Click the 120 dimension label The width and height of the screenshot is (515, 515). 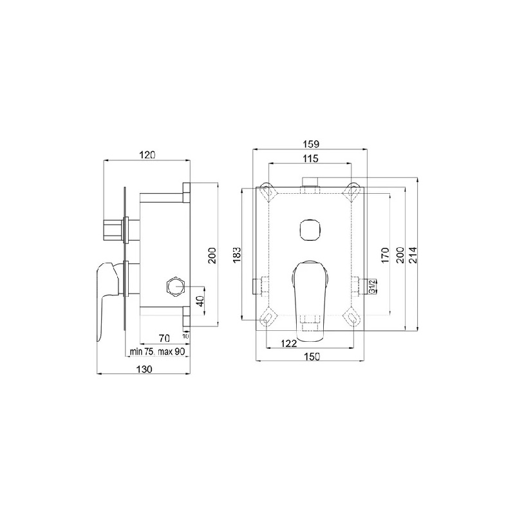tap(147, 154)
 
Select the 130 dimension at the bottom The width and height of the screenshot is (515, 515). tap(144, 369)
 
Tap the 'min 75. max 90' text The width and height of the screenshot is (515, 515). tap(158, 351)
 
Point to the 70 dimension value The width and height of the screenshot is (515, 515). tap(164, 338)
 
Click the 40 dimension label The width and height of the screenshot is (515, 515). tap(200, 301)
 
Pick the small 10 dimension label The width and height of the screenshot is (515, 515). tap(186, 336)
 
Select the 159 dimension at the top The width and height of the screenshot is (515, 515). tap(310, 144)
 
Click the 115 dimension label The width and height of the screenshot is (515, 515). tap(310, 158)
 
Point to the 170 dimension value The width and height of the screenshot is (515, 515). tap(385, 255)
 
